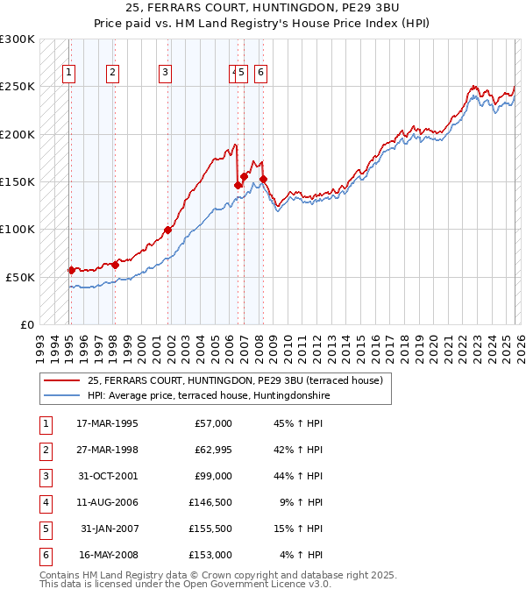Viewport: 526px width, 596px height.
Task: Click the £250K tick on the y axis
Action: [x=18, y=87]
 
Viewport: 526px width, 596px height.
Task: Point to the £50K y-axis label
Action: [x=20, y=277]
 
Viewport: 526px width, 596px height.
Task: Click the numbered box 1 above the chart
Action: [x=69, y=73]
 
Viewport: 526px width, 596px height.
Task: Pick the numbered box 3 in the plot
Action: [x=165, y=73]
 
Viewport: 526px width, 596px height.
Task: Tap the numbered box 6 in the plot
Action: [x=261, y=73]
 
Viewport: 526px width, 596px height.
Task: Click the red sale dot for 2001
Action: [x=167, y=231]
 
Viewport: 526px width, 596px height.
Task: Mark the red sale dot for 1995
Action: [x=72, y=270]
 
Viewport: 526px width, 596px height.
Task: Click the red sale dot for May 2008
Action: [x=263, y=179]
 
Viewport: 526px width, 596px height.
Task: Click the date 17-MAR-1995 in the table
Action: [x=107, y=423]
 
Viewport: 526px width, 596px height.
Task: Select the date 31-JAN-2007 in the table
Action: [x=109, y=529]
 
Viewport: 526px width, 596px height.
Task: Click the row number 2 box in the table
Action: [x=43, y=450]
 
